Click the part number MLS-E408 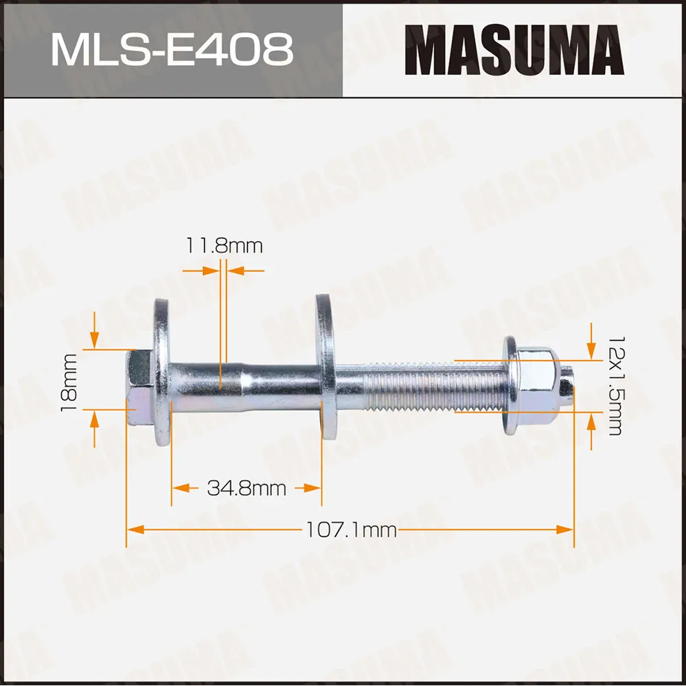[172, 49]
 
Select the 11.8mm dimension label [224, 245]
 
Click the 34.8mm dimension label [246, 488]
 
